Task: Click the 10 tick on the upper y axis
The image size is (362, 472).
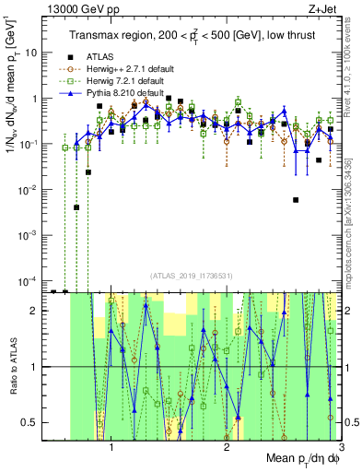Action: click(29, 53)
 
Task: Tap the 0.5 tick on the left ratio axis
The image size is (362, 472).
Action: click(32, 423)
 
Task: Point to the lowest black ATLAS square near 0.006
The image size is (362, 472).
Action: click(296, 200)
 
